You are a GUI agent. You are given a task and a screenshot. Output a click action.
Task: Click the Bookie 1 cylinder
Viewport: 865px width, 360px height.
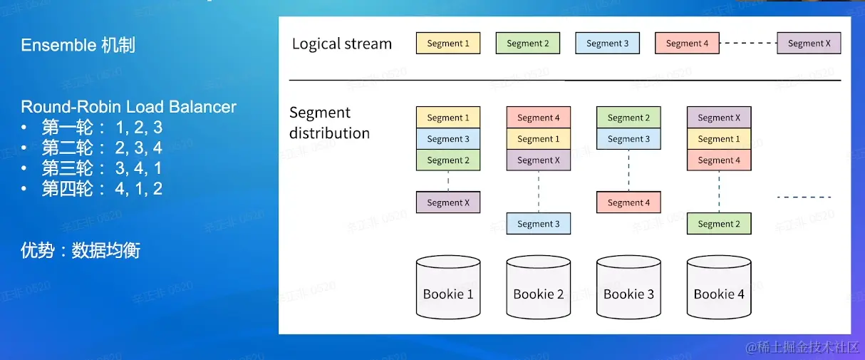tap(448, 287)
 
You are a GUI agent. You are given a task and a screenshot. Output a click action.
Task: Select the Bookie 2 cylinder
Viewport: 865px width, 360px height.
tap(538, 287)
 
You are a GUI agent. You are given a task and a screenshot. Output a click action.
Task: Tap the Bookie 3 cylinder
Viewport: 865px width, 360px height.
tap(628, 287)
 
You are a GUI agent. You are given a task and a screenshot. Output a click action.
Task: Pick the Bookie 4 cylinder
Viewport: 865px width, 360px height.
tap(719, 287)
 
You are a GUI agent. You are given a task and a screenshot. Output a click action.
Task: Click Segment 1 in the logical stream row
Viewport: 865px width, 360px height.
tap(448, 43)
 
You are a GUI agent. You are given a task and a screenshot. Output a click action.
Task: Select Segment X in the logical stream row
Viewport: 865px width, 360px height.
tap(809, 43)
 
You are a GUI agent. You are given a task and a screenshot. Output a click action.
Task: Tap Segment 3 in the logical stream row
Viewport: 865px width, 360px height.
tap(608, 43)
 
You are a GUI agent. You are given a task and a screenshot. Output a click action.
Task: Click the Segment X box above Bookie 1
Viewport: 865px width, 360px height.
tap(448, 202)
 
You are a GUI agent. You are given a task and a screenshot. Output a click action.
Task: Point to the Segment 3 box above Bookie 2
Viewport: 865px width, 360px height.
tap(538, 224)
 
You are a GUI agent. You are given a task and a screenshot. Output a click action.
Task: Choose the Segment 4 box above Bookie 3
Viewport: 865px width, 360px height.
tap(628, 202)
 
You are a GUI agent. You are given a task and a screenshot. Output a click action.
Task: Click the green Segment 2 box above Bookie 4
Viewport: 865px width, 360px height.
tap(719, 224)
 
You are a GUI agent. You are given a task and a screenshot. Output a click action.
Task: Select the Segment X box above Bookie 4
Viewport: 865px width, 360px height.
tap(719, 118)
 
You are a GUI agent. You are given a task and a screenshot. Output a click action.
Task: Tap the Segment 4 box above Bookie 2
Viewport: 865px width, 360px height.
tap(538, 118)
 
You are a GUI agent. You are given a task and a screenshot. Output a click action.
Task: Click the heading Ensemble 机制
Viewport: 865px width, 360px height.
tap(78, 45)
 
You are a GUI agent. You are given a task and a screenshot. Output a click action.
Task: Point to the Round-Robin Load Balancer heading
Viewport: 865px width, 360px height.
tap(128, 107)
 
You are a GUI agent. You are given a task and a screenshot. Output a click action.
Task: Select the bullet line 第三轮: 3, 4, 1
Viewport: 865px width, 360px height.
tap(102, 168)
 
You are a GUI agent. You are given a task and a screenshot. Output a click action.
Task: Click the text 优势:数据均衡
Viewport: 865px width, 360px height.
tap(81, 250)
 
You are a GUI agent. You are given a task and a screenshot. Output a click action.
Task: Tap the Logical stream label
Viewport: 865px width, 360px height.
tap(342, 44)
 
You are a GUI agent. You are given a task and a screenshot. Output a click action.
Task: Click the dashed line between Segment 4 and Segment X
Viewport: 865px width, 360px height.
tap(748, 43)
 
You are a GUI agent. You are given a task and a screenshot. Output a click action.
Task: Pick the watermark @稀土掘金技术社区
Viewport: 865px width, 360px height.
tap(802, 347)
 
